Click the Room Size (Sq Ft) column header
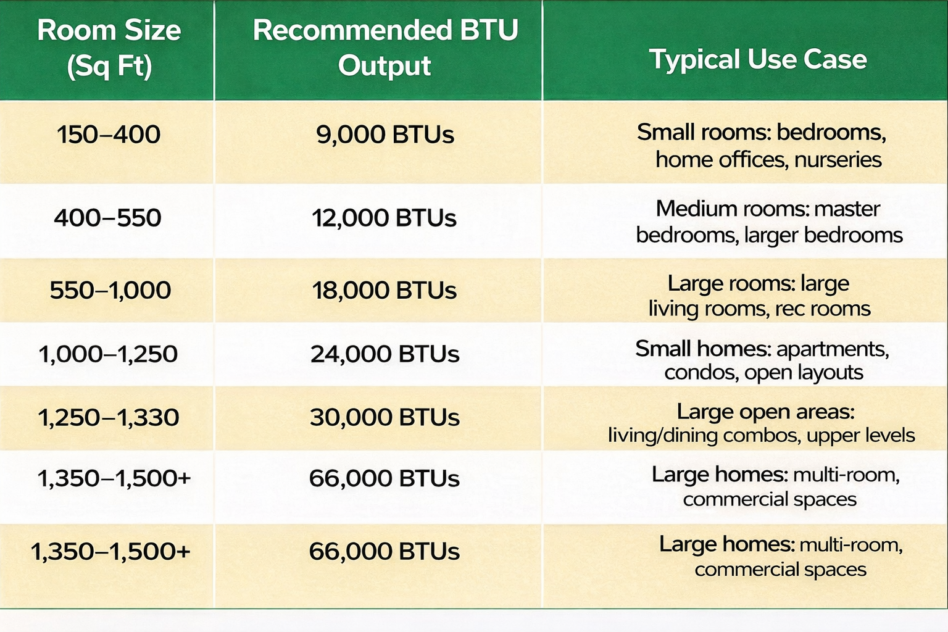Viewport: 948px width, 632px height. point(109,49)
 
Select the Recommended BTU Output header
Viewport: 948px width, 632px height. point(385,48)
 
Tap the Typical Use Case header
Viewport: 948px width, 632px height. point(758,59)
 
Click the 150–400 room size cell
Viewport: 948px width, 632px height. point(109,134)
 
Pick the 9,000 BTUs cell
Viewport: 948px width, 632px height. point(385,135)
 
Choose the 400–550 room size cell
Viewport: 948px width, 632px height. point(107,218)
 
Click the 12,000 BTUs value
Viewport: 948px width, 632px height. point(384,218)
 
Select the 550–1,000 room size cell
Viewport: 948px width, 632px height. point(110,290)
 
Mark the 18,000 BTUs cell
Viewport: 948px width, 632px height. point(384,291)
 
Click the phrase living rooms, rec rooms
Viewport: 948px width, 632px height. point(759,309)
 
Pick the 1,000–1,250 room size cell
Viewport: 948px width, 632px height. point(108,354)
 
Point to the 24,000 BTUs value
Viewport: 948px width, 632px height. point(385,354)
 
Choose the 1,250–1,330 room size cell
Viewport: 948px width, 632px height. point(109,417)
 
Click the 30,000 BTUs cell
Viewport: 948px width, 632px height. point(385,417)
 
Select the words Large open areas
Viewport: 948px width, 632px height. point(765,412)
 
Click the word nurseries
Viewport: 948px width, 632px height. point(838,160)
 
